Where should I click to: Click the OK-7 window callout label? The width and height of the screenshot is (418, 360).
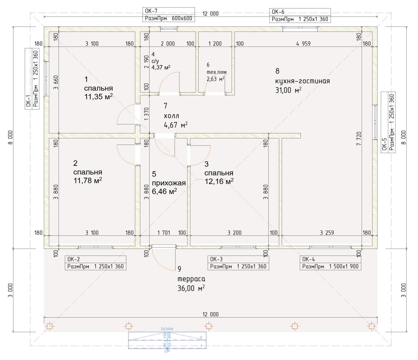point(169,15)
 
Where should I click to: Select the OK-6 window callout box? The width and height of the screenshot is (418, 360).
point(300,15)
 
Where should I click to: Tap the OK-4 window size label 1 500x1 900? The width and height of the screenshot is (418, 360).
point(344,266)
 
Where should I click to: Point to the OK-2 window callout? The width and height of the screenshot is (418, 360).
point(95,263)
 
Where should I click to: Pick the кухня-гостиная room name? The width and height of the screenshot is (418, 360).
point(302,81)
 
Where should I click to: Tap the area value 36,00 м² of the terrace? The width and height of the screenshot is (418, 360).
point(191,288)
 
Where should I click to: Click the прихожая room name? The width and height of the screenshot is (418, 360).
point(169,183)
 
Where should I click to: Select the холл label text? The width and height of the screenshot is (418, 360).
point(171,116)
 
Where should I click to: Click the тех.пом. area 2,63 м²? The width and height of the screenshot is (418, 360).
point(216,79)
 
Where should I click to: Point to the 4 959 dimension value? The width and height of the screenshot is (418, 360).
point(303,44)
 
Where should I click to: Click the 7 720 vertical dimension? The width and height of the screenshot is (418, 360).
point(359,139)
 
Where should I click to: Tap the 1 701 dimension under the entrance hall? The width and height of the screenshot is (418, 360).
point(164,233)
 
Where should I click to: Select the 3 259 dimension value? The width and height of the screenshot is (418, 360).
point(327,233)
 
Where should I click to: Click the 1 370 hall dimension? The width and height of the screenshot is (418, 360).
point(147,114)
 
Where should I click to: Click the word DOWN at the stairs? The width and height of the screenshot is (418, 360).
point(167,329)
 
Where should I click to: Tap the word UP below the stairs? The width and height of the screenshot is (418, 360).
point(167,351)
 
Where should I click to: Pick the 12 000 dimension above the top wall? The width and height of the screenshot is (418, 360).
point(211,13)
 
